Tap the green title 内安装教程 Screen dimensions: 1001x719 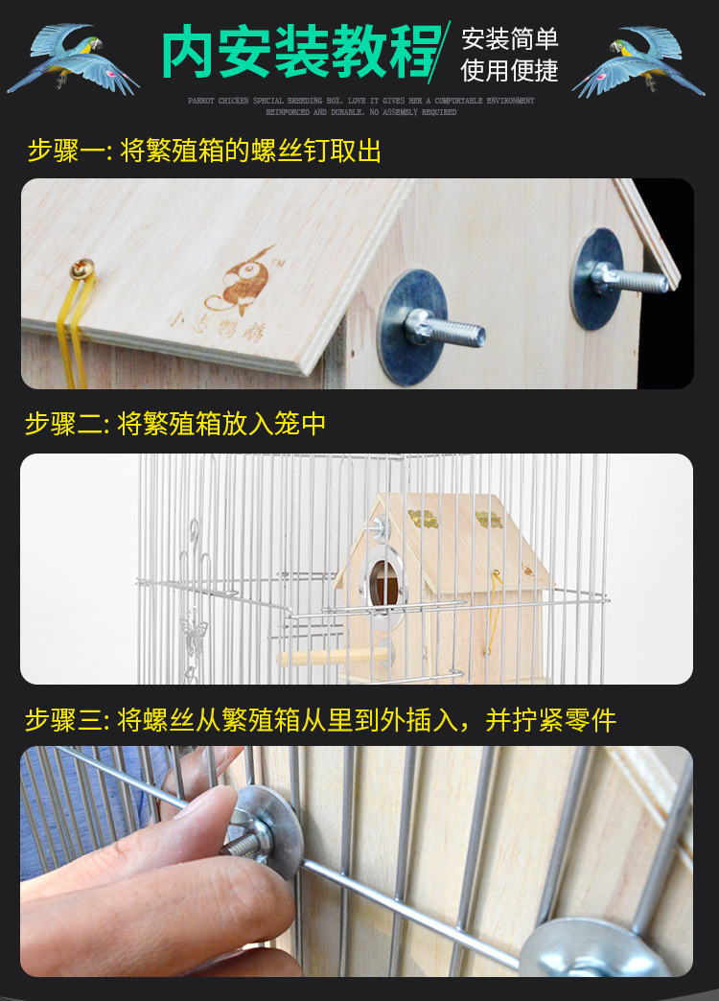pos(300,52)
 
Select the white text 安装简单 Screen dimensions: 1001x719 pos(509,39)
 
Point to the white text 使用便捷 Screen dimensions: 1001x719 pos(509,70)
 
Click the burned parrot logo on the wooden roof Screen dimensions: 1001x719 pos(241,280)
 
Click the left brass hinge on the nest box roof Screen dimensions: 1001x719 pos(423,519)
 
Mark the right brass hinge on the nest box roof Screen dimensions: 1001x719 pos(489,519)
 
